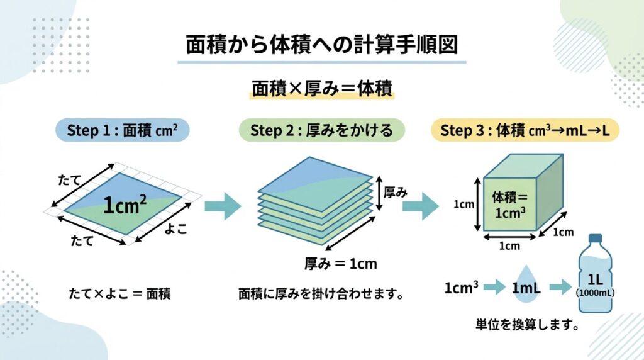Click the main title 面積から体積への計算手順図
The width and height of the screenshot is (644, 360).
[321, 46]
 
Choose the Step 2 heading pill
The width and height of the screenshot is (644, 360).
[321, 130]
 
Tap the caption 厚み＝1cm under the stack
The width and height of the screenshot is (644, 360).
[340, 263]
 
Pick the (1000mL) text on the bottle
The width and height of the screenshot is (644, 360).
[595, 293]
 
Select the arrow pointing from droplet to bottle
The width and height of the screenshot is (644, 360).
[560, 288]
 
